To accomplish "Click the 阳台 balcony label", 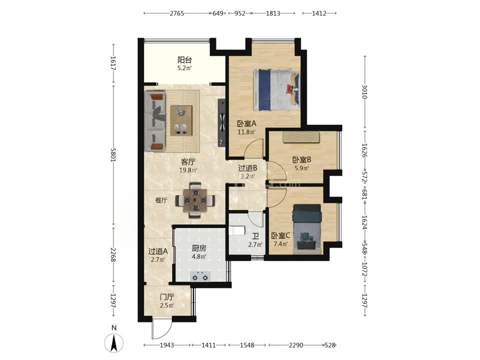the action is click(184, 59).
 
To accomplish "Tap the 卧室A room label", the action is click(246, 123).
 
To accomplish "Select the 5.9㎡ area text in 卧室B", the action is click(301, 168).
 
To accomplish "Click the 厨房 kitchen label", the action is click(199, 248).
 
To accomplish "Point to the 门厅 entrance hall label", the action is click(167, 297).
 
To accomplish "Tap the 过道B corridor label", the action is click(247, 168).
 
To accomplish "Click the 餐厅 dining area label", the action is click(161, 200).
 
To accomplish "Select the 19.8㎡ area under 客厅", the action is click(188, 170).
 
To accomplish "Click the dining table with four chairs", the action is click(195, 200).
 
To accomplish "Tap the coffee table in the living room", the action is click(181, 120).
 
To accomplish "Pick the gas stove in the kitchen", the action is click(200, 276).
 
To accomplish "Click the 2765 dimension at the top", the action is click(177, 13).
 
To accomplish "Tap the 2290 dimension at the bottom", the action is click(295, 345).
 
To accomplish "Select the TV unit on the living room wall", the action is click(221, 122).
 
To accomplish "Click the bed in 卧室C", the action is click(307, 229).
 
